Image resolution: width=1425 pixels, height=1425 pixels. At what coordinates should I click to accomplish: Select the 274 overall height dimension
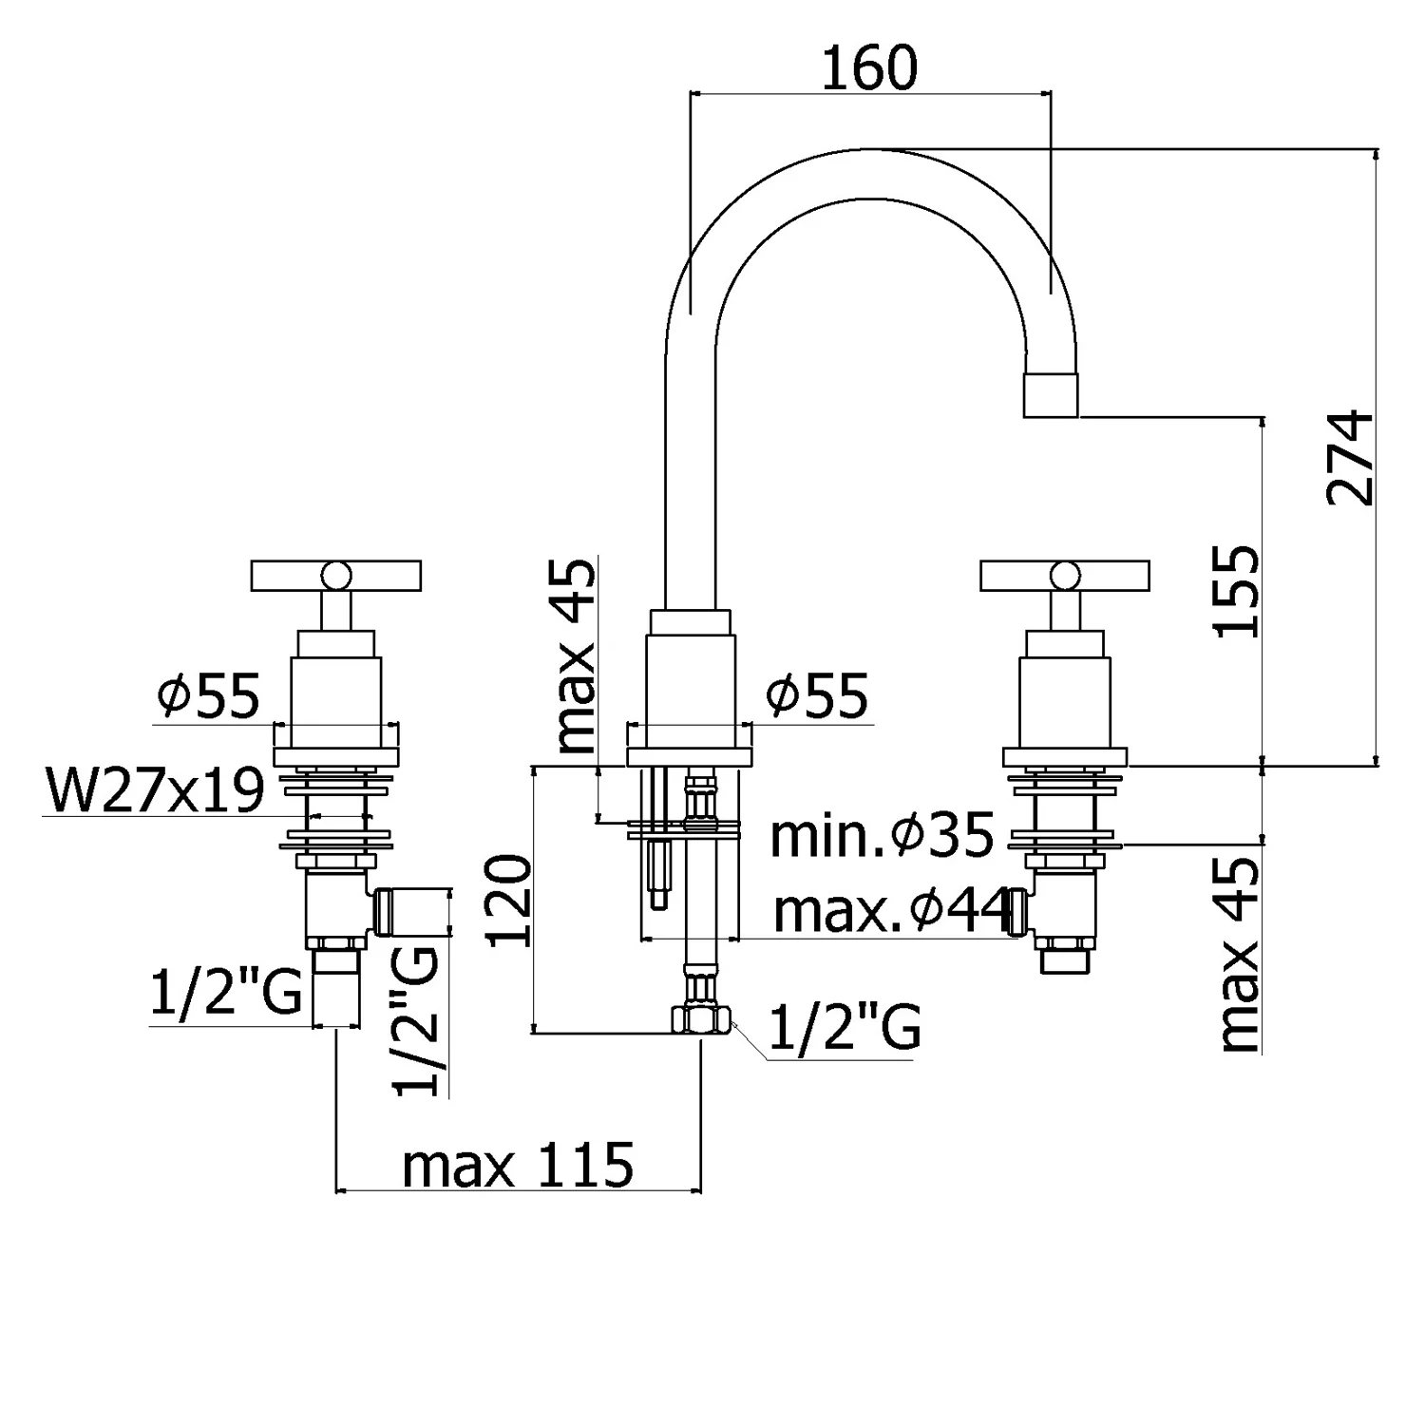coord(1351,458)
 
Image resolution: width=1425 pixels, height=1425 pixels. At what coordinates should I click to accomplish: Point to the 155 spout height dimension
coord(1238,591)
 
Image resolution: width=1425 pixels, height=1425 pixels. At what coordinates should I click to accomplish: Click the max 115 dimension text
coord(518,1164)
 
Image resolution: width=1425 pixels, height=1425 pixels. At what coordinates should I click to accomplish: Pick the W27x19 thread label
coord(155,790)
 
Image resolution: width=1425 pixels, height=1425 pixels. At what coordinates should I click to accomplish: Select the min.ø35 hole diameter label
coord(882,836)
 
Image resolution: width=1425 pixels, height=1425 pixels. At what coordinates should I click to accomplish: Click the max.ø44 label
coord(889,912)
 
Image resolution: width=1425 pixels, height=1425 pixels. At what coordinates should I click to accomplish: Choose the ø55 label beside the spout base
coord(817,696)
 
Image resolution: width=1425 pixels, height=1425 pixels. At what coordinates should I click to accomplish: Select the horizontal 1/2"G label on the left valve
coord(226,993)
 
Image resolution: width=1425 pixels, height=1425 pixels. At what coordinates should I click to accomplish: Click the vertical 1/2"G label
coord(418,1019)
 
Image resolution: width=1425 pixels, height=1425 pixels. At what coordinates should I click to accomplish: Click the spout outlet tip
coord(1051,395)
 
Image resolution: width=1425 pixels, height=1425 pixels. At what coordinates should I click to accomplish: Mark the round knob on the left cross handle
coord(334,575)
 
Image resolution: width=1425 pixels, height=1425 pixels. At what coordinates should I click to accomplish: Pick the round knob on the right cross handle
coord(1064,575)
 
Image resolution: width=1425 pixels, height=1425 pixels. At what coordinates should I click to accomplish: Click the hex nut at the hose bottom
coord(701,1020)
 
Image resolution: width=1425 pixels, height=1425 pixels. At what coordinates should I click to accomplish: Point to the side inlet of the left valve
coord(411,912)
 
